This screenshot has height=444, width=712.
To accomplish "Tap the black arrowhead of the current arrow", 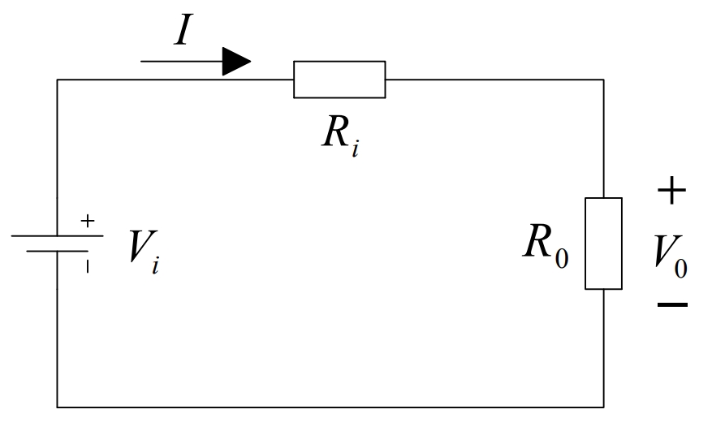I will point(235,61).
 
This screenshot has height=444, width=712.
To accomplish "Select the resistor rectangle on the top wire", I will point(339,80).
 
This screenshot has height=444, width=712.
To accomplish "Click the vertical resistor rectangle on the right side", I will point(603,244).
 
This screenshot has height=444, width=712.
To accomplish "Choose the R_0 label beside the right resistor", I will point(545,244).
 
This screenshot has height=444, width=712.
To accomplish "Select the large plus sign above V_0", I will point(671,192).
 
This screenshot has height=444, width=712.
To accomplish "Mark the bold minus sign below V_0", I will point(672,305).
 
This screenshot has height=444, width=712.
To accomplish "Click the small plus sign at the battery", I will point(88,220).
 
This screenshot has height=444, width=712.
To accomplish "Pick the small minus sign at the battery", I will point(88,265).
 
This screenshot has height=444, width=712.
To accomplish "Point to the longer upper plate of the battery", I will point(57,236).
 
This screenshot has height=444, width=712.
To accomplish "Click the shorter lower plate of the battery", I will point(57,251).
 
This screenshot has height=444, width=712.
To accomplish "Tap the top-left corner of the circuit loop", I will point(57,80).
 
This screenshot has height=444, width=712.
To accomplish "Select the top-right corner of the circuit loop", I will point(603,80).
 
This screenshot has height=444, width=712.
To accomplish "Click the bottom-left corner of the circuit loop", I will point(57,407).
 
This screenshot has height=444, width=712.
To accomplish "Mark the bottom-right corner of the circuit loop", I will point(603,407).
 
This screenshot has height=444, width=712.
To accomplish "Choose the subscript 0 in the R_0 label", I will point(562,259).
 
